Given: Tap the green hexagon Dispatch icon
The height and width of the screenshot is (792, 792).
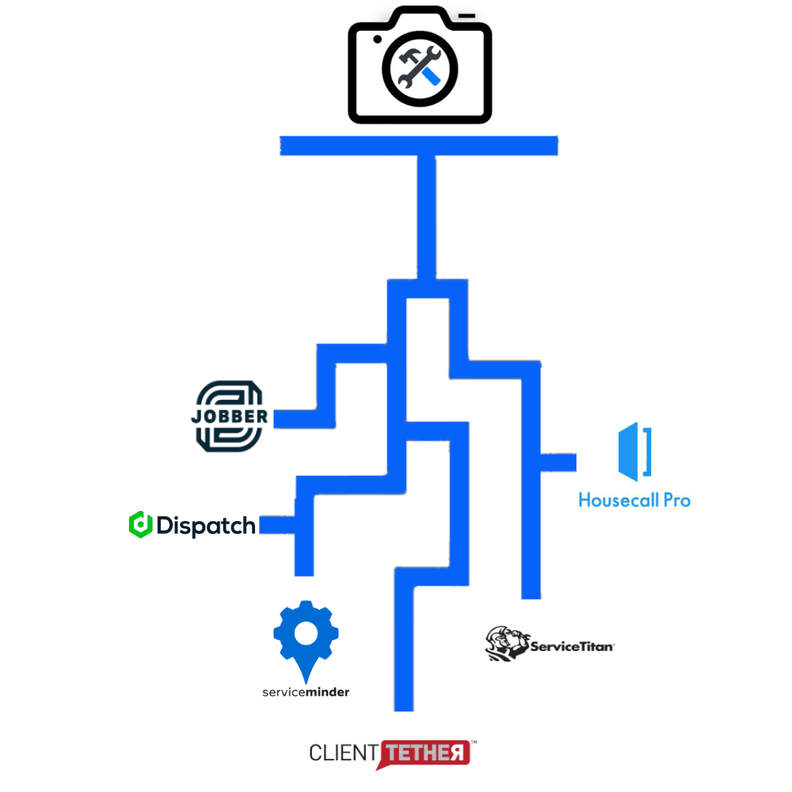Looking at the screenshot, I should pyautogui.click(x=140, y=524).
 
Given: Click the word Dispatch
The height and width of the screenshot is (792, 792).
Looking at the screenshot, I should pyautogui.click(x=206, y=525).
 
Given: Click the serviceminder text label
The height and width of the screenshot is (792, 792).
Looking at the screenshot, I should pyautogui.click(x=306, y=691).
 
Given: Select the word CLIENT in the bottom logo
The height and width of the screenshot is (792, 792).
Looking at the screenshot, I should pyautogui.click(x=343, y=752).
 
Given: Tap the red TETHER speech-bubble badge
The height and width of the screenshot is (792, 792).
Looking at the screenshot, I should pyautogui.click(x=425, y=753).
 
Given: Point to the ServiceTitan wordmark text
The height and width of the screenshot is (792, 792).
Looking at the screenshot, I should pyautogui.click(x=572, y=646).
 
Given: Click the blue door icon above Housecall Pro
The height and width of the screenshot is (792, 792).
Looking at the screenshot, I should pyautogui.click(x=634, y=452).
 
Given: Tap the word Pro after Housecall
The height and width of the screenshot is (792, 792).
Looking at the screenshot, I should pyautogui.click(x=675, y=501).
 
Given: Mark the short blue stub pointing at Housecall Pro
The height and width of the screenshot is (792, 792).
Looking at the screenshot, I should pyautogui.click(x=559, y=463).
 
